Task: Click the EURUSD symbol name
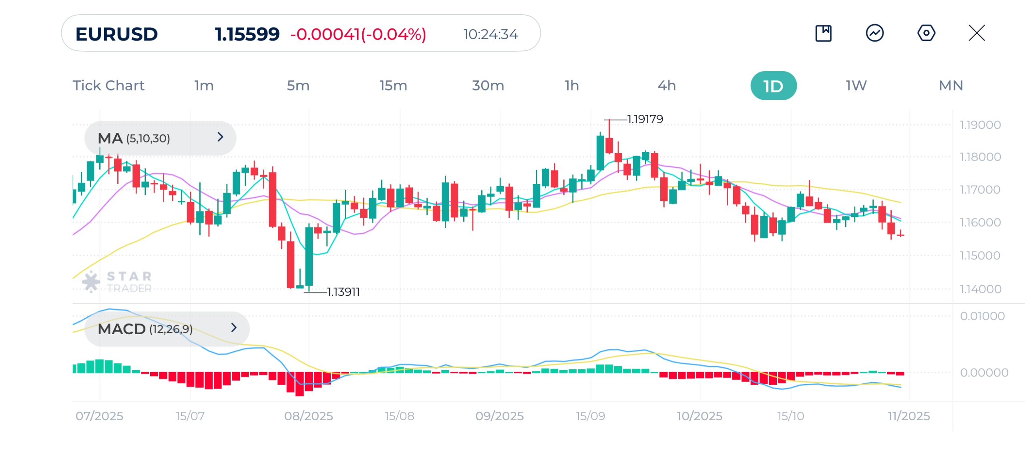[x=117, y=34]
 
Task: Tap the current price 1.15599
[x=247, y=34]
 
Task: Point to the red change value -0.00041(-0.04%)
[x=358, y=34]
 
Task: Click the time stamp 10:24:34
[x=490, y=34]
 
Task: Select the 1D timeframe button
[x=773, y=86]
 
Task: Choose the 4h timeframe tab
[x=667, y=86]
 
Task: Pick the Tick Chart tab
[x=109, y=86]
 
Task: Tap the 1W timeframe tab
[x=856, y=86]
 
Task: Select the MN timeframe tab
[x=951, y=86]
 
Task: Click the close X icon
[x=977, y=33]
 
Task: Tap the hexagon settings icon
[x=926, y=33]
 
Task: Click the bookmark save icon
[x=823, y=33]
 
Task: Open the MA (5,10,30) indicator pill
[x=160, y=138]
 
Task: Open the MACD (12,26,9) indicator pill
[x=167, y=329]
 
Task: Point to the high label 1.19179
[x=645, y=119]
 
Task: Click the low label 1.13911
[x=343, y=292]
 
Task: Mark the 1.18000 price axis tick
[x=980, y=157]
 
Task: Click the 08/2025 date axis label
[x=308, y=416]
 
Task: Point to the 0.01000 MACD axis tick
[x=982, y=316]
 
